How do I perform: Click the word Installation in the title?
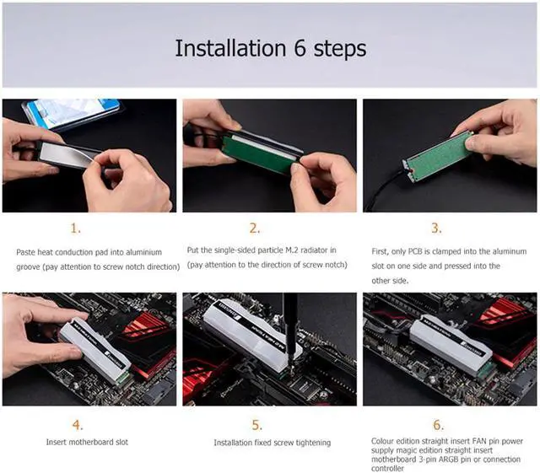pyautogui.click(x=230, y=48)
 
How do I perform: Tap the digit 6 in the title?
pyautogui.click(x=300, y=49)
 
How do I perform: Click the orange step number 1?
pyautogui.click(x=76, y=228)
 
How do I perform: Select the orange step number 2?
pyautogui.click(x=255, y=228)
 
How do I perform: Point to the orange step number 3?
pyautogui.click(x=436, y=228)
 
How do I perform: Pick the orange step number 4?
pyautogui.click(x=78, y=425)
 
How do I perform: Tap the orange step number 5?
pyautogui.click(x=256, y=425)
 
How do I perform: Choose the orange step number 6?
pyautogui.click(x=439, y=425)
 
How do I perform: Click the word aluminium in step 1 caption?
pyautogui.click(x=143, y=252)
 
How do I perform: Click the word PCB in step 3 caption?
pyautogui.click(x=415, y=251)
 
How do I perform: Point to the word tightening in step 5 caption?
pyautogui.click(x=313, y=443)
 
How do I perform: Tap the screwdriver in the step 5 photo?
pyautogui.click(x=290, y=330)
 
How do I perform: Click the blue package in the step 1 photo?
pyautogui.click(x=72, y=113)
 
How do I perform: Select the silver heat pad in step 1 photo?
pyautogui.click(x=67, y=155)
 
